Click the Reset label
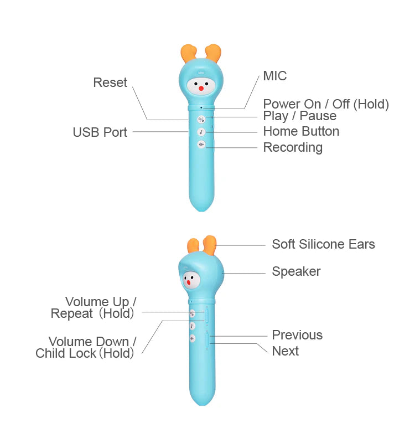pyautogui.click(x=110, y=83)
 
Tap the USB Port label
pyautogui.click(x=100, y=132)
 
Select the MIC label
pyautogui.click(x=275, y=76)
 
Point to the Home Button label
pyautogui.click(x=301, y=131)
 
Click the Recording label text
pyautogui.click(x=293, y=147)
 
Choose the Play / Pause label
pyautogui.click(x=299, y=116)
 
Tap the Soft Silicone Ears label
pyautogui.click(x=323, y=244)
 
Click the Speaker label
pyautogui.click(x=296, y=271)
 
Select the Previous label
pyautogui.click(x=297, y=335)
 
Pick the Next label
pyautogui.click(x=285, y=351)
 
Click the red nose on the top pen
pyautogui.click(x=201, y=87)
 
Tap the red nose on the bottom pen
pyautogui.click(x=189, y=283)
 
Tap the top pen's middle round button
pyautogui.click(x=201, y=132)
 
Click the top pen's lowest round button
pyautogui.click(x=201, y=145)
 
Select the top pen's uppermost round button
pyautogui.click(x=201, y=119)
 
